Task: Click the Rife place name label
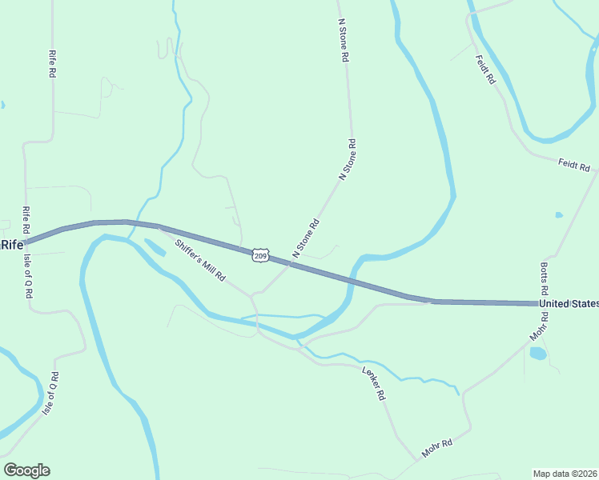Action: pos(12,245)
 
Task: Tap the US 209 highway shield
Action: pos(260,255)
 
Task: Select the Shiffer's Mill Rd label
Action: pos(199,260)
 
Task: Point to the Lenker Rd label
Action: pos(374,382)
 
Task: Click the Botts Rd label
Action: pos(544,278)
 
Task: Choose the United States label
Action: pos(569,304)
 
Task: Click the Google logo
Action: pos(26,470)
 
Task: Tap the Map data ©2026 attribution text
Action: pos(565,474)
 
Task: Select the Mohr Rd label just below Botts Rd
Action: pos(540,329)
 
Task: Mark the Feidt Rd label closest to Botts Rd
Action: pos(574,166)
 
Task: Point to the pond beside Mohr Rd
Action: pos(538,353)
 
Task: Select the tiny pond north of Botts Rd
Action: pos(558,214)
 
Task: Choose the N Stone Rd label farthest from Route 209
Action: pos(344,42)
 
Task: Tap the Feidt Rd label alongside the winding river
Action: pos(485,70)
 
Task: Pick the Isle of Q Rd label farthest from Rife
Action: pos(50,393)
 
